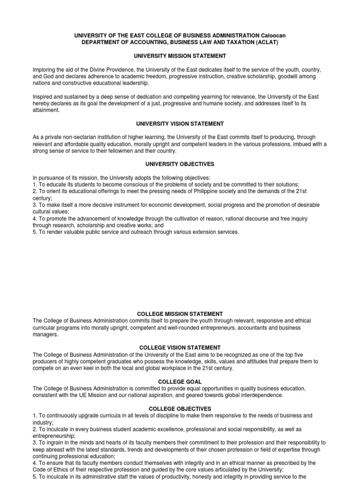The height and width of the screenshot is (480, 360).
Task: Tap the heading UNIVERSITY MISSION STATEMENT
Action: tap(180, 56)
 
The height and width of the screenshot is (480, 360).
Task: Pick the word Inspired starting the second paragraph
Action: tap(43, 97)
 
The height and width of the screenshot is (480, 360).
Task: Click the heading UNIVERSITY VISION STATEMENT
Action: tap(180, 124)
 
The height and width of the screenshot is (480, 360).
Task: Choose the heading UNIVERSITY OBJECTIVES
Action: tap(180, 165)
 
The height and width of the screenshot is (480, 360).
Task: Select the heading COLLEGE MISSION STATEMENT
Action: tap(180, 314)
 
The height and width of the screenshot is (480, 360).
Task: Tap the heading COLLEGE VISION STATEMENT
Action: tap(180, 348)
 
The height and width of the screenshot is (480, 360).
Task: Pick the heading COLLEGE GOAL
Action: tap(180, 382)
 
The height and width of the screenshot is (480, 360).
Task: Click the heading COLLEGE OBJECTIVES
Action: tap(180, 409)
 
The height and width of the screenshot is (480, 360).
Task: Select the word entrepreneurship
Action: tap(54, 436)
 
